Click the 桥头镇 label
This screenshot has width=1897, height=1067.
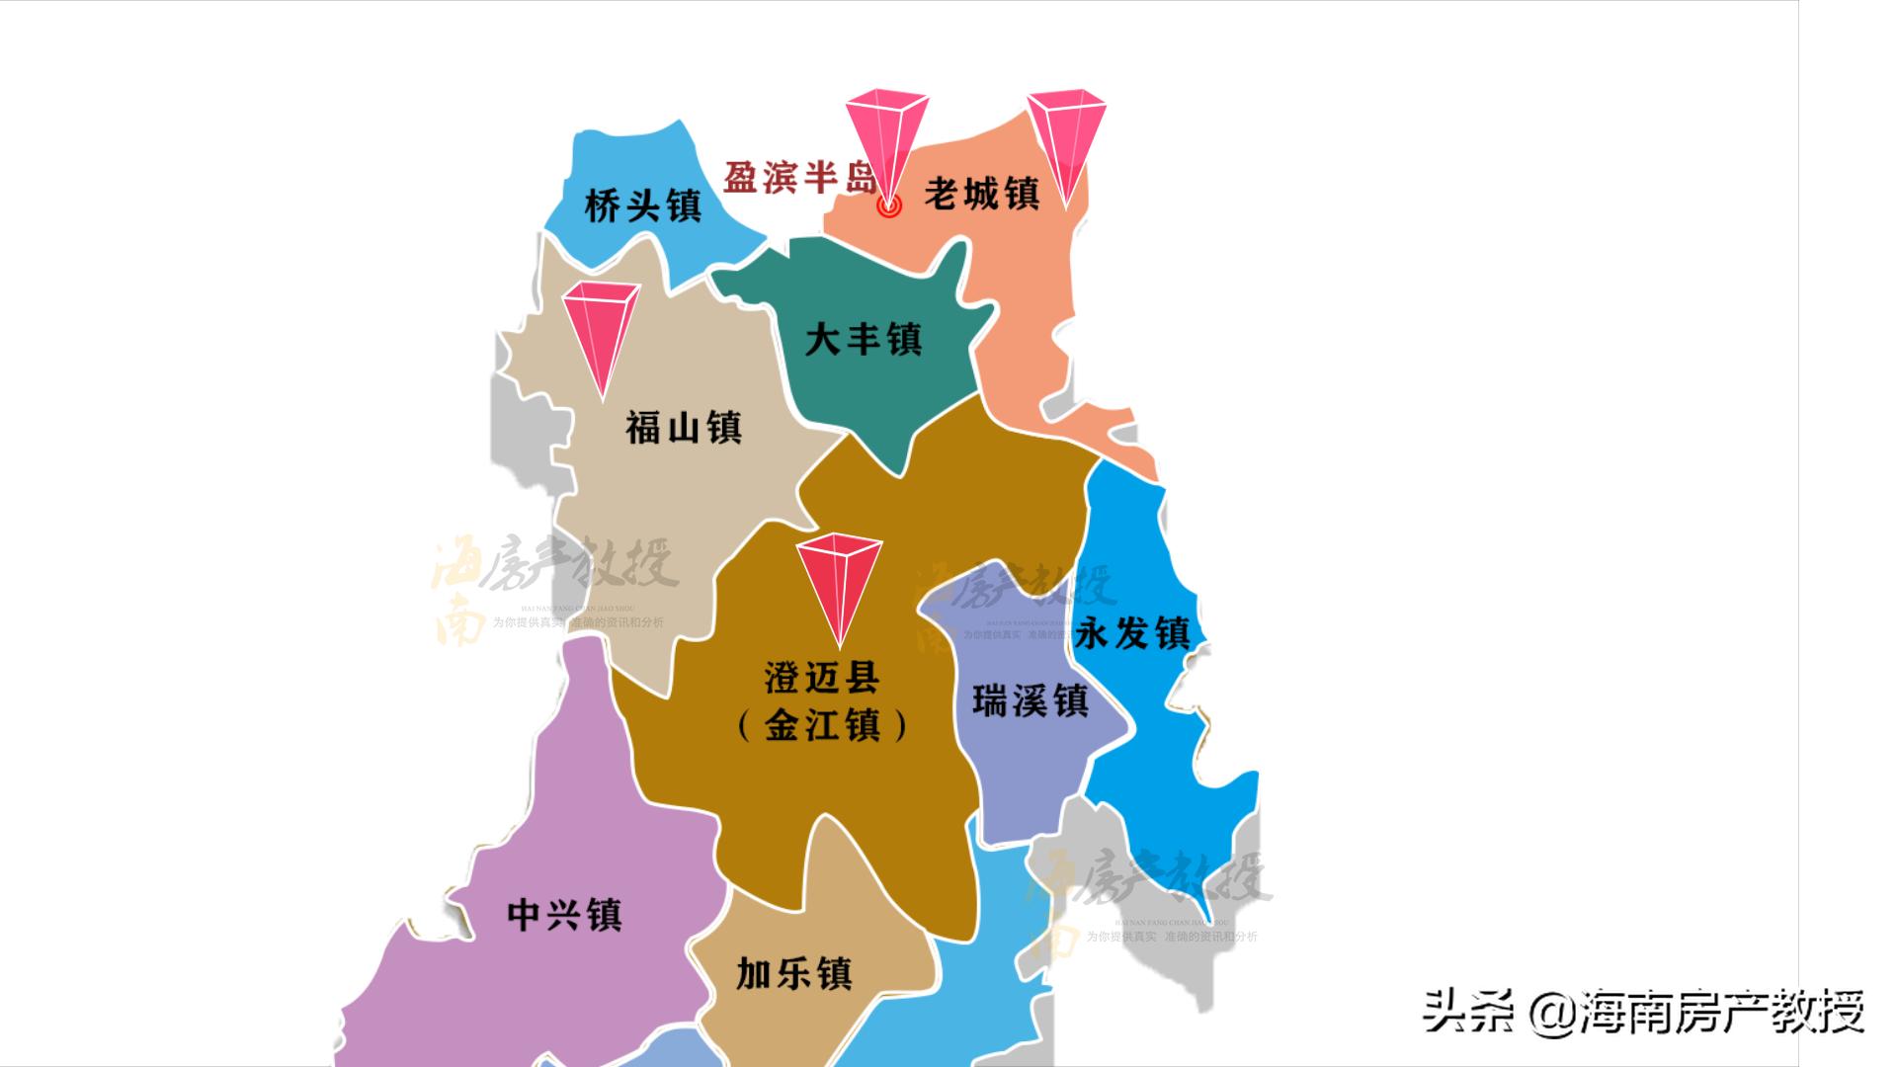(642, 206)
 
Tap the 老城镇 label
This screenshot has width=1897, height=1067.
(981, 194)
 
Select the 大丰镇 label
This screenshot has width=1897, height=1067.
(863, 340)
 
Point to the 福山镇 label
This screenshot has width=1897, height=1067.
(683, 428)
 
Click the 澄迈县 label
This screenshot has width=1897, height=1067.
(821, 678)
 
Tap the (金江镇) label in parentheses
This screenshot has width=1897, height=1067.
(822, 727)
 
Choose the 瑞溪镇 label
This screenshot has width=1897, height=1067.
(1030, 701)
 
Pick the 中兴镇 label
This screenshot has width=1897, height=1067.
(564, 915)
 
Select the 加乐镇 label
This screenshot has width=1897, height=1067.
(793, 974)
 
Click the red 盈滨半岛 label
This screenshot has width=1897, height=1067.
(799, 179)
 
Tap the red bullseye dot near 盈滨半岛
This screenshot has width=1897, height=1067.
(889, 206)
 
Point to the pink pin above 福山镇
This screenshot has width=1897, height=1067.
(601, 326)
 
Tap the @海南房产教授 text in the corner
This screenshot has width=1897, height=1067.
(1696, 1013)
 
